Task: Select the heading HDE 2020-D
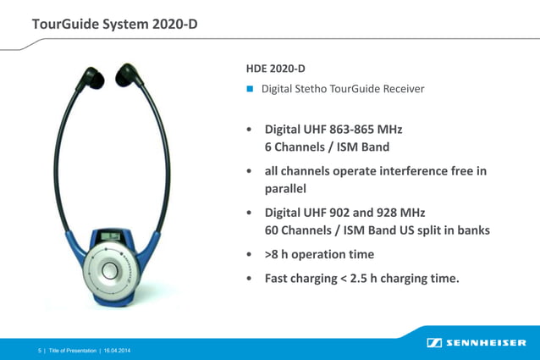(275, 68)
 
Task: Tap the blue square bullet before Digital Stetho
(250, 89)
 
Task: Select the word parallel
(285, 188)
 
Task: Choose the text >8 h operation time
(319, 254)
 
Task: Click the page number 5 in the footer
(39, 350)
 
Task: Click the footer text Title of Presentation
(72, 350)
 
